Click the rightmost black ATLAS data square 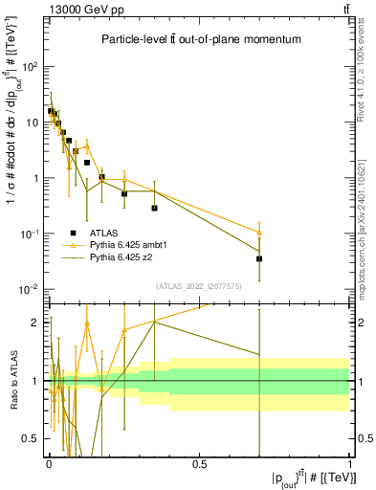[x=259, y=258]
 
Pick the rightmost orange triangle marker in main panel [x=259, y=233]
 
